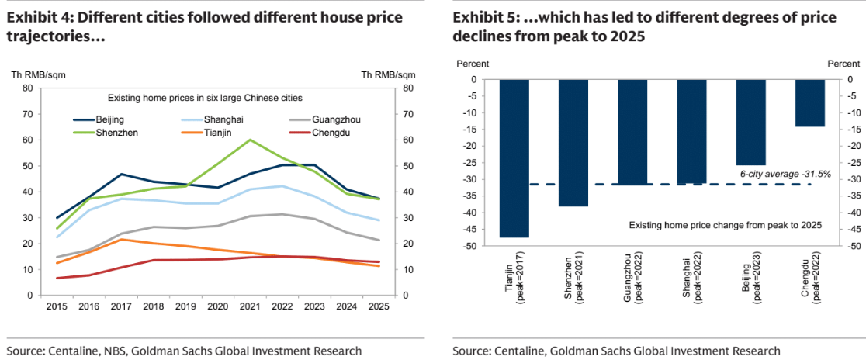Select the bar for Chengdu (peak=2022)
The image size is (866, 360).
point(810,102)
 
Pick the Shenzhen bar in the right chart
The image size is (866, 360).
point(573,143)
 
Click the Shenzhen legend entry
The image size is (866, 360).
point(118,133)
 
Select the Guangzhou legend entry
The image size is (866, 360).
point(336,119)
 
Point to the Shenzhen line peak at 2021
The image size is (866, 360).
point(250,140)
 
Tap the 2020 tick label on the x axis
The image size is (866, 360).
point(218,308)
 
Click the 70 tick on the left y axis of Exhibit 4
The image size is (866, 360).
point(27,114)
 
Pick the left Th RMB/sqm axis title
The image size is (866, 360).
point(38,74)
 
